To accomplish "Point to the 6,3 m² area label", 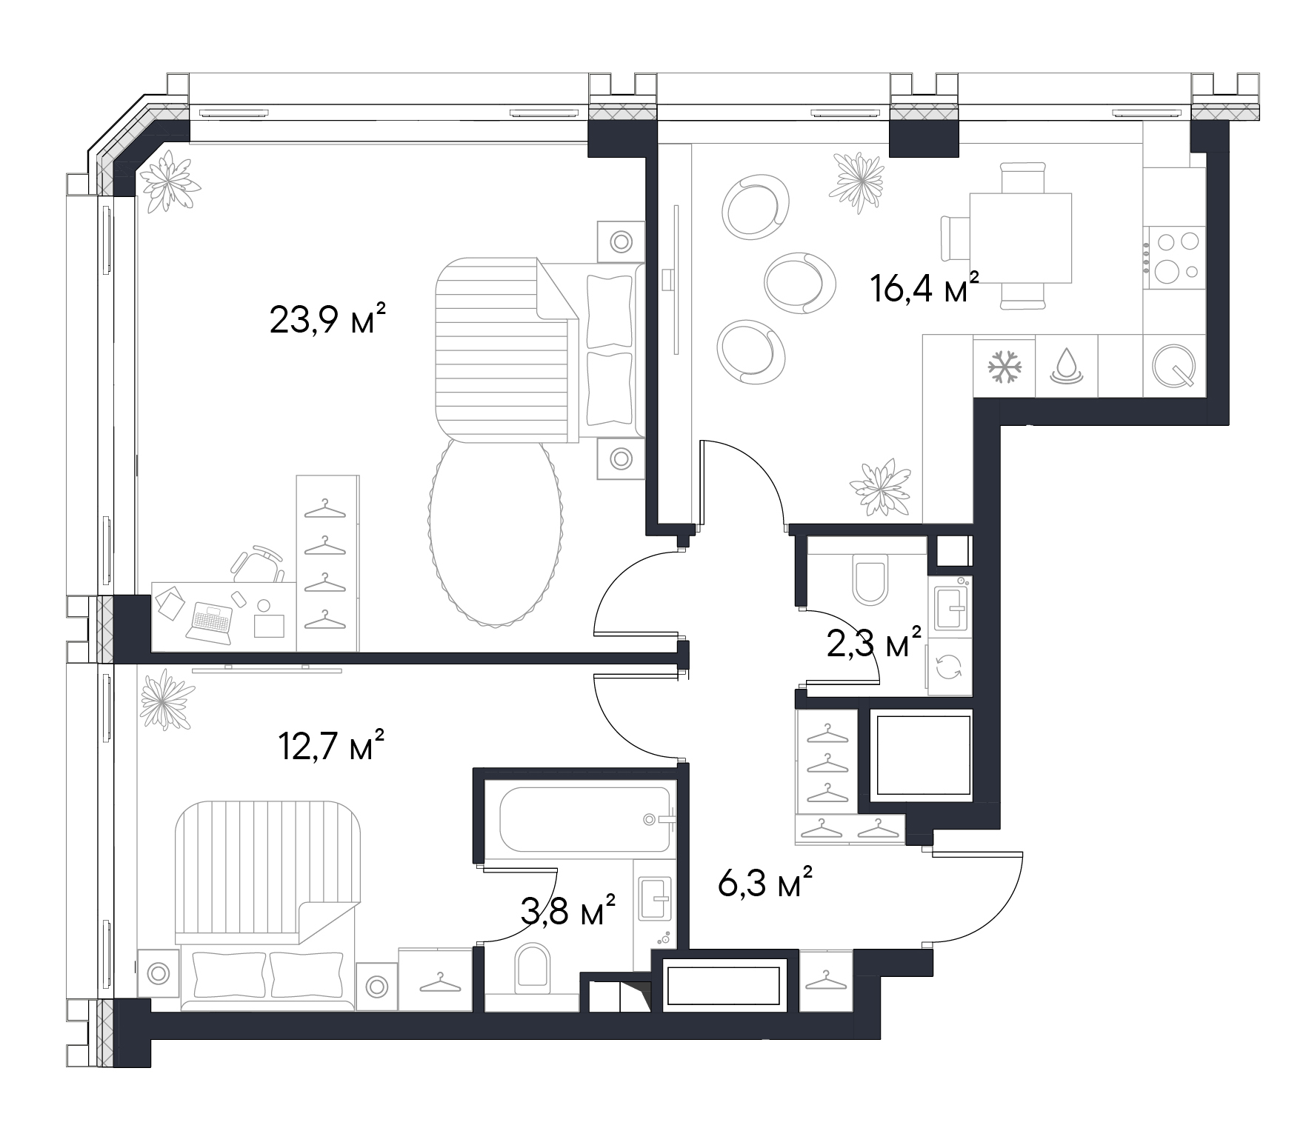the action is click(x=766, y=882).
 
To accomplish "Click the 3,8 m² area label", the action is click(x=568, y=910).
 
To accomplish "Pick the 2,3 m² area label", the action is click(x=874, y=643).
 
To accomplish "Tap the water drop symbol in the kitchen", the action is click(x=1066, y=365).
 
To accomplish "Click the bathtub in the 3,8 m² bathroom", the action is click(x=585, y=819).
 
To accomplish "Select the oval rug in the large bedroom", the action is click(x=494, y=532).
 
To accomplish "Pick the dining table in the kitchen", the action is click(x=1021, y=238).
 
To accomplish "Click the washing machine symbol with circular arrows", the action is click(x=949, y=667).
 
